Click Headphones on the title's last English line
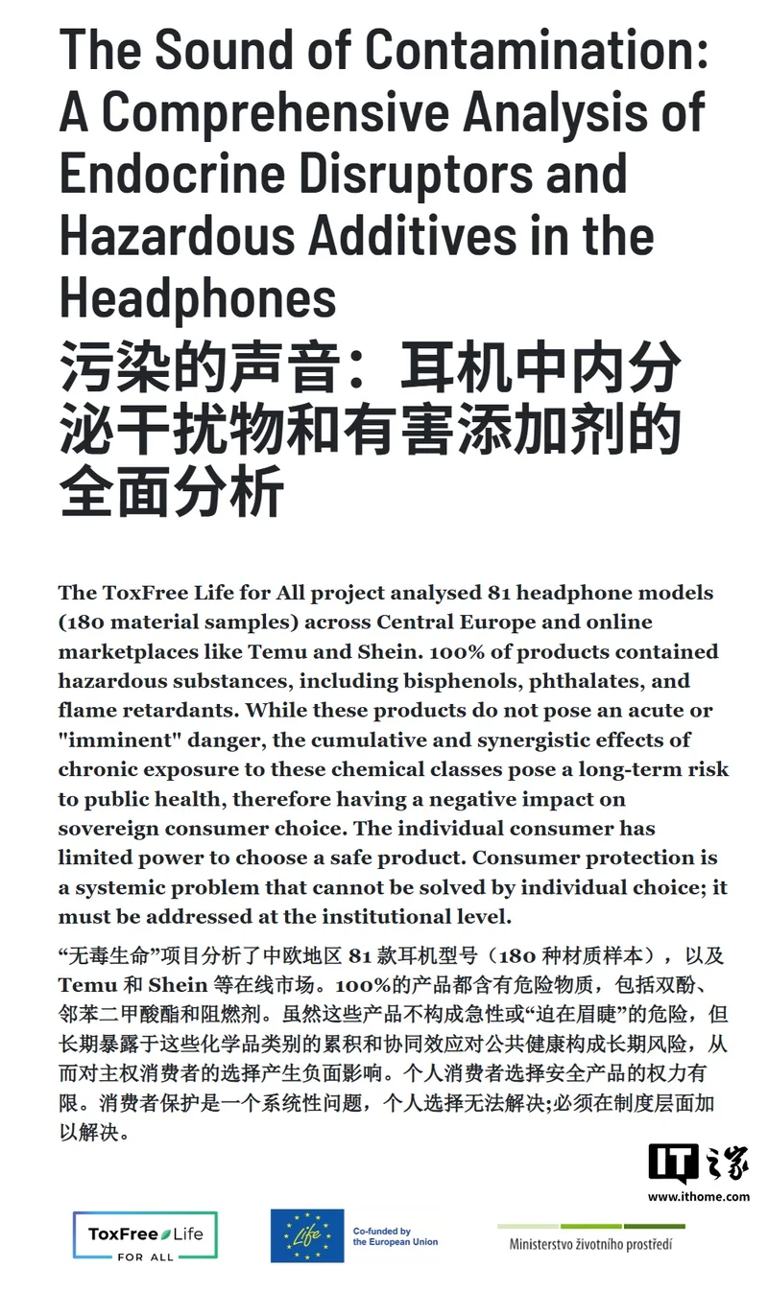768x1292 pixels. pos(198,297)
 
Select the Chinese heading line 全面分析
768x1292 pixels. pos(172,493)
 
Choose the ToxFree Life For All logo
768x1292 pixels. pos(145,1235)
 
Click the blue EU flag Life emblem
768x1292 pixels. pos(306,1235)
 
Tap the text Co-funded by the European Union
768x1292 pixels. pos(396,1236)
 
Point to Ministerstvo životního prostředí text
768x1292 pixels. pos(590,1244)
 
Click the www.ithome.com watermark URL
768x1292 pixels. pos(698,1196)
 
